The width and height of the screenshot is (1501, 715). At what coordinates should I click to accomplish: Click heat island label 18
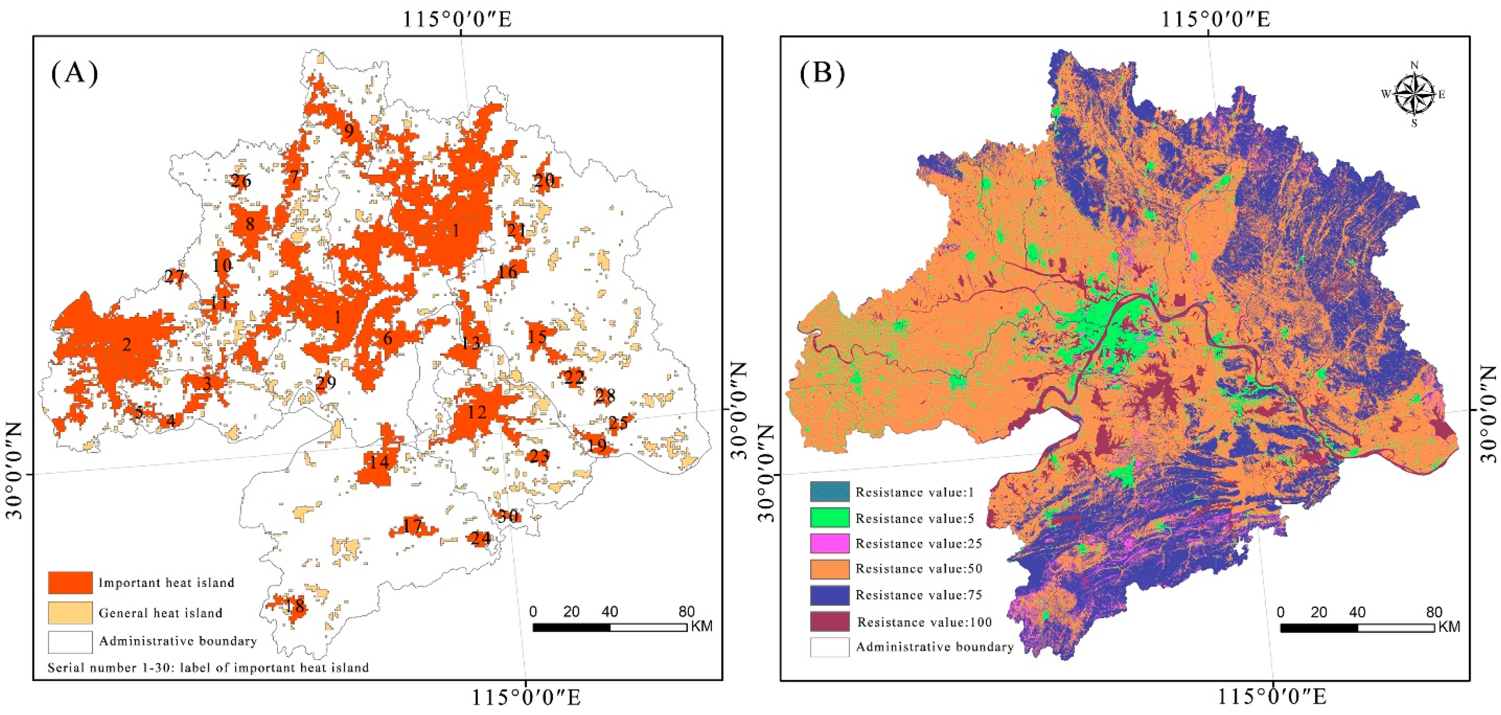click(295, 606)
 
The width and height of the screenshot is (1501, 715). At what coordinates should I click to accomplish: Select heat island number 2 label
click(126, 344)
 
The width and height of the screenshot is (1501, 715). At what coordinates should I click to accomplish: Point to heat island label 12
click(476, 412)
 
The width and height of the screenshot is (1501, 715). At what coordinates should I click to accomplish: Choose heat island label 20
click(544, 180)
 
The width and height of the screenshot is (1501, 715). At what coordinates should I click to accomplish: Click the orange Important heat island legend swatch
click(70, 582)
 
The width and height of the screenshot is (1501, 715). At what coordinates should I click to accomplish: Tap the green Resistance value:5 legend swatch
click(829, 518)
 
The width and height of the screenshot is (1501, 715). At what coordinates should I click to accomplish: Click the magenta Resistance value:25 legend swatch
click(829, 543)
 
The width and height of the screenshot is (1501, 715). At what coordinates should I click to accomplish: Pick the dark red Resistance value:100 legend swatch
click(829, 622)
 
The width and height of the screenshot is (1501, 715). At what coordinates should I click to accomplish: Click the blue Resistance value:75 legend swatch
click(829, 595)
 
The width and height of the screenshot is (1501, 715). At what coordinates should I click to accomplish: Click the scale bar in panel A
click(610, 627)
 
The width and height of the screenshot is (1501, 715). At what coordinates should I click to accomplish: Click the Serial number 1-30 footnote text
click(208, 667)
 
